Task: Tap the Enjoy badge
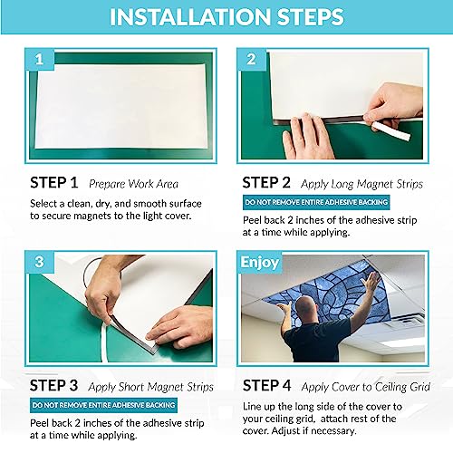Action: (259, 263)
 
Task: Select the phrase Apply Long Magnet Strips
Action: (364, 181)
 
